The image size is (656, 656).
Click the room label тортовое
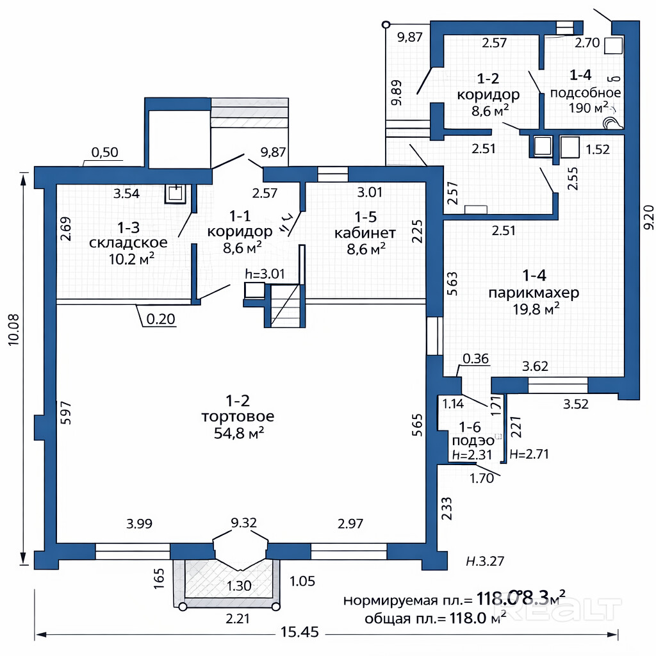tap(238, 417)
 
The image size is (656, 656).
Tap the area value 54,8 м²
tap(238, 434)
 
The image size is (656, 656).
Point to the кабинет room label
tap(365, 232)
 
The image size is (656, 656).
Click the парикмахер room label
tap(534, 293)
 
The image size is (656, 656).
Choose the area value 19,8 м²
tap(534, 310)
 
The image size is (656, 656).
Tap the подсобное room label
tap(585, 92)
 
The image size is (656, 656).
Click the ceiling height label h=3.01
tap(264, 274)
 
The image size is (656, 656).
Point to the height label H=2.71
tap(529, 454)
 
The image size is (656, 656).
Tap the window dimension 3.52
tap(575, 404)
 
